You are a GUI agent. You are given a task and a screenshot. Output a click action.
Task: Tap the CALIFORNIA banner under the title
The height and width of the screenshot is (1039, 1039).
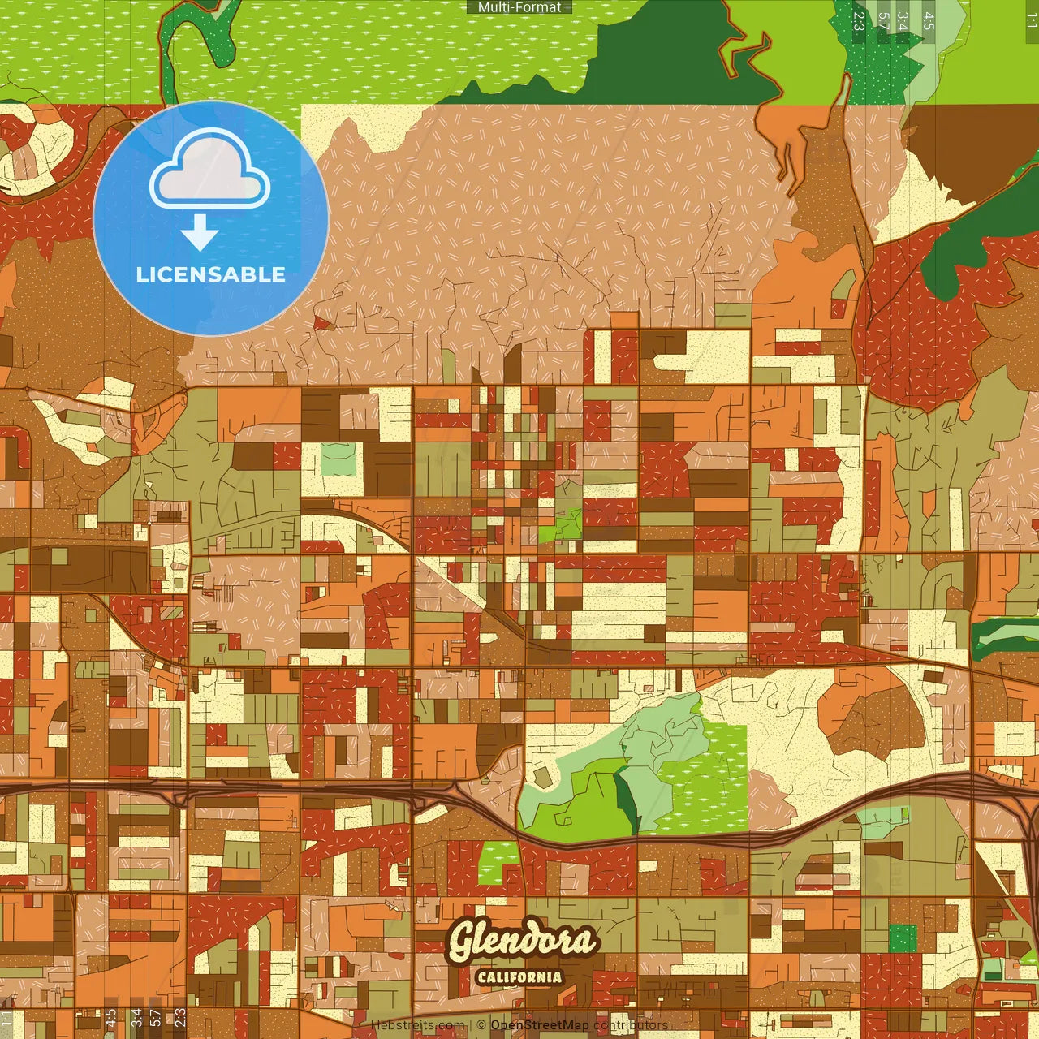[x=519, y=976]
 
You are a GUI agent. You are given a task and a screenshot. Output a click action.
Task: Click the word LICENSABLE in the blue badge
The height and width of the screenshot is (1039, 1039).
[x=211, y=274]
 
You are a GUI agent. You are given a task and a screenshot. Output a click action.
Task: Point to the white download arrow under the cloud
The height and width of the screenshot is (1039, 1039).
[x=200, y=235]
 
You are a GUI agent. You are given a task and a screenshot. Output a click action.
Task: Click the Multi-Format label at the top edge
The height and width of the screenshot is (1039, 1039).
[x=519, y=7]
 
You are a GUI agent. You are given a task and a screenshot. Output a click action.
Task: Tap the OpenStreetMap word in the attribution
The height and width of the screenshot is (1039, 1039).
[x=539, y=1025]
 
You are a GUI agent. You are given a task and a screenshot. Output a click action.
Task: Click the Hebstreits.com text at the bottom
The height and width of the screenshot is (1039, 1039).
[x=418, y=1025]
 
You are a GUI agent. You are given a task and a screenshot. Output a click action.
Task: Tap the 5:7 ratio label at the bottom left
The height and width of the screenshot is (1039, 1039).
[x=156, y=1018]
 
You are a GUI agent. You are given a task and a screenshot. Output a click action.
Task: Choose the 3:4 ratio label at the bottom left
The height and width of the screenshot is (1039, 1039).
[x=136, y=1018]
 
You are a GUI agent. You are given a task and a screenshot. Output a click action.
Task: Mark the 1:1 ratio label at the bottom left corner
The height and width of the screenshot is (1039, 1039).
[x=7, y=1018]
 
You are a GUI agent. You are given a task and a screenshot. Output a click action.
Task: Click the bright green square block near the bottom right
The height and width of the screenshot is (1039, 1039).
[x=902, y=938]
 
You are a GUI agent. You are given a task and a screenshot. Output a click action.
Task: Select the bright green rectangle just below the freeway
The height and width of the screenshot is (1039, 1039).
[x=498, y=863]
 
